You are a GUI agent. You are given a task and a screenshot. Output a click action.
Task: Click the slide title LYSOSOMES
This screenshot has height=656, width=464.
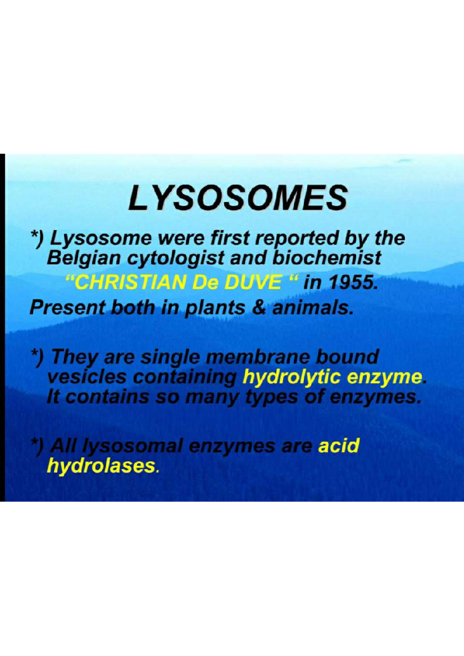[237, 198]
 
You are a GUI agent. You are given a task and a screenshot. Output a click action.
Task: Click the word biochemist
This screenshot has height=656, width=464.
[327, 258]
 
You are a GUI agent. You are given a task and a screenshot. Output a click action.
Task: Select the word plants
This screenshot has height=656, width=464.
[215, 308]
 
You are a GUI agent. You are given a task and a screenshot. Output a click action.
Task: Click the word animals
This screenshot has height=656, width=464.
[312, 308]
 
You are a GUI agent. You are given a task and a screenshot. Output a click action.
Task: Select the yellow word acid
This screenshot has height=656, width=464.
[339, 446]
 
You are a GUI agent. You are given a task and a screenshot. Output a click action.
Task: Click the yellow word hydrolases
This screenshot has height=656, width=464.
[101, 466]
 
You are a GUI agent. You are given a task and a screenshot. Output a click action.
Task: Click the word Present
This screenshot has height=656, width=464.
[67, 308]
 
